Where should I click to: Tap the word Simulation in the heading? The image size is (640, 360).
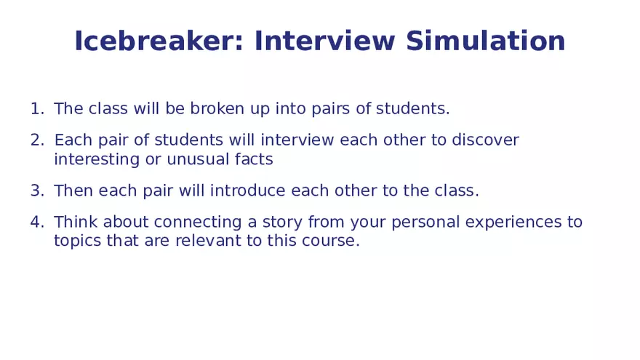[485, 41]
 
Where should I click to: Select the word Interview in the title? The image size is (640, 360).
[325, 41]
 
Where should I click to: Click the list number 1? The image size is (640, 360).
[37, 108]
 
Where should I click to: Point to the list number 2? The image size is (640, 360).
[37, 140]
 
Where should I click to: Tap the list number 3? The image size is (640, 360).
[37, 191]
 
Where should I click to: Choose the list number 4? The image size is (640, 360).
[37, 222]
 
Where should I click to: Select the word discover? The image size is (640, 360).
[485, 140]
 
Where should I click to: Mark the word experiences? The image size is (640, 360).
[513, 223]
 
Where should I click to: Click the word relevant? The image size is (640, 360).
[208, 241]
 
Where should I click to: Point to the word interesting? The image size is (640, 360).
[97, 159]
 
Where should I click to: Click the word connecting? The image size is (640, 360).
[198, 223]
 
